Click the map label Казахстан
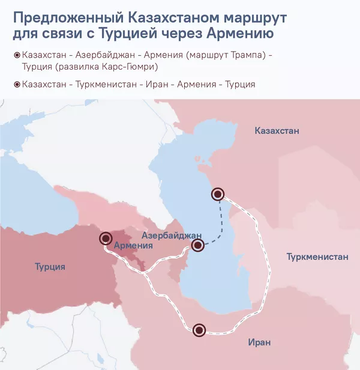coord(276,131)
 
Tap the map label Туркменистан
coord(317,257)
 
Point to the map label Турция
coord(50,267)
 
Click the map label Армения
coord(133,246)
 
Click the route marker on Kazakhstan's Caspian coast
coord(218,193)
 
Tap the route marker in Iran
coord(199,329)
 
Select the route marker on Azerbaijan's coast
coord(198,244)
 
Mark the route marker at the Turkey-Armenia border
coord(106,238)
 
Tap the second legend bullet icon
coord(16,85)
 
